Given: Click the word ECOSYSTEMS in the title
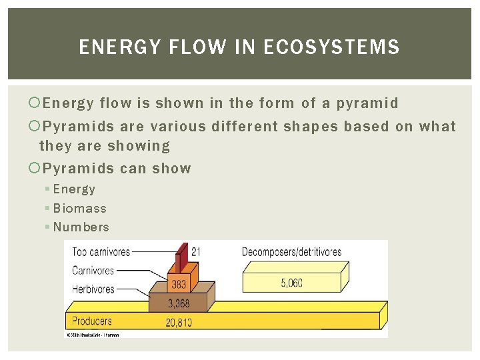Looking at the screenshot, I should point(331,47).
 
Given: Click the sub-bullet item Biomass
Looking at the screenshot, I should point(79,209).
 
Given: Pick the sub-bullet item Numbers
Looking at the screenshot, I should point(81,227).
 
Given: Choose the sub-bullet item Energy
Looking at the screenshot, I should point(74,189).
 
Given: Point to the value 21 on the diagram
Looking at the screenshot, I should point(196,251).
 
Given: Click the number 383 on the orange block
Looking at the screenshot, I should point(179,285).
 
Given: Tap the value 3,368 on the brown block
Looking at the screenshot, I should point(179,304).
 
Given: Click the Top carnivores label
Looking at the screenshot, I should point(101,252).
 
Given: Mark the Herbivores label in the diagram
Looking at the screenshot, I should point(93,289).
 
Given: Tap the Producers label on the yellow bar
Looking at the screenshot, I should point(92,321).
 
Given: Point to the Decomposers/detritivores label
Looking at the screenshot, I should point(291,252).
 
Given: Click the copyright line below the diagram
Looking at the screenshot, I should point(93,335).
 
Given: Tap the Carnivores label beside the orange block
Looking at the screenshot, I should point(93,271).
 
